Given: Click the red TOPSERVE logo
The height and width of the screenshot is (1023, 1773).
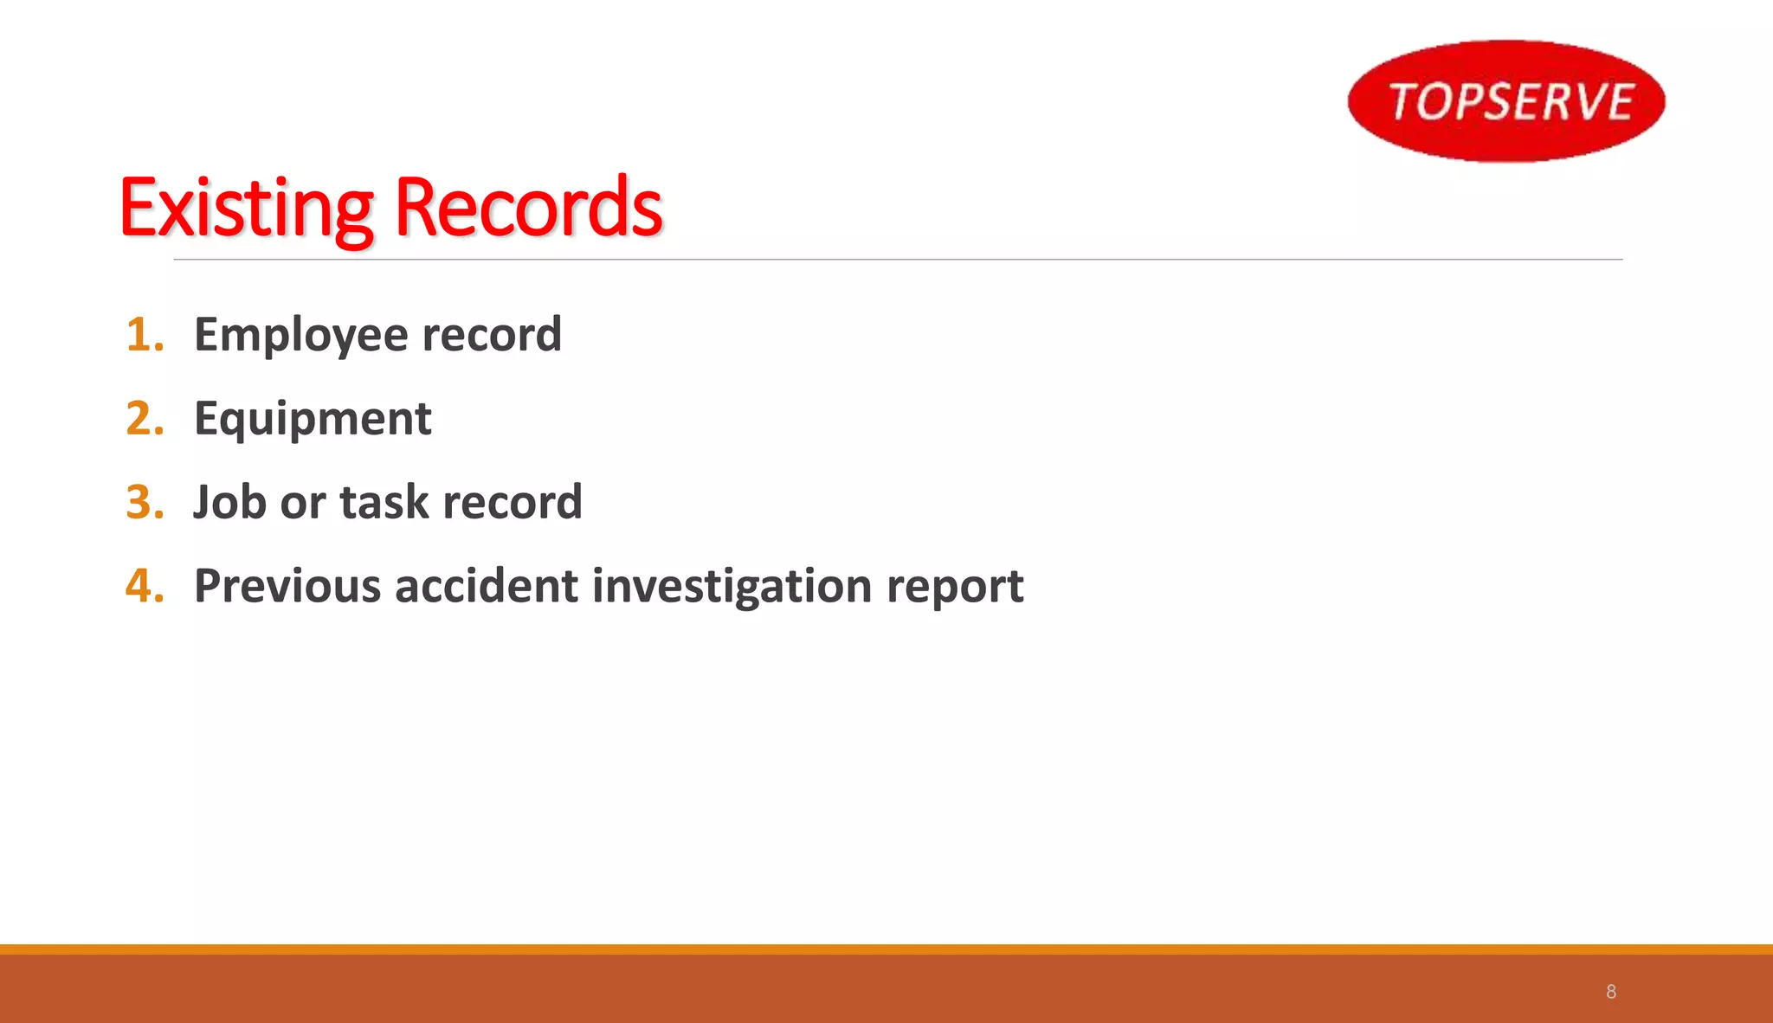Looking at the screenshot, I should coord(1506,100).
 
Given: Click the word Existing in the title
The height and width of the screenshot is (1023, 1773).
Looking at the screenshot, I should coord(246,209).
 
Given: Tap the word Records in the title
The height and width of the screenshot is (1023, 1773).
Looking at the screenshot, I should coord(529,209).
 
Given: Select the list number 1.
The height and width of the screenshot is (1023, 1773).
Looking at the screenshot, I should coord(144,335).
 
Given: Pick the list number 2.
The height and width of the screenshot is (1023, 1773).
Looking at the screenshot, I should coord(144,419).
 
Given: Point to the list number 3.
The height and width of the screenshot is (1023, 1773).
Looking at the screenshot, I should coord(144,503).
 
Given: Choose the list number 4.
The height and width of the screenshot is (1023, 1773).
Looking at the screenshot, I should coord(144,586).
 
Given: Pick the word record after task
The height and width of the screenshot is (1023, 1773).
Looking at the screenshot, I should coord(513,503).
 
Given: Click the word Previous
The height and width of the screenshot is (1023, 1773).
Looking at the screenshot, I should coord(287,586).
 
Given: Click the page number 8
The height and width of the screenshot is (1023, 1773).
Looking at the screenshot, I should coord(1611,992).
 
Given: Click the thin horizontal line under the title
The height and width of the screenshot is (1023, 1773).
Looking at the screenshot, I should coord(898,259).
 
